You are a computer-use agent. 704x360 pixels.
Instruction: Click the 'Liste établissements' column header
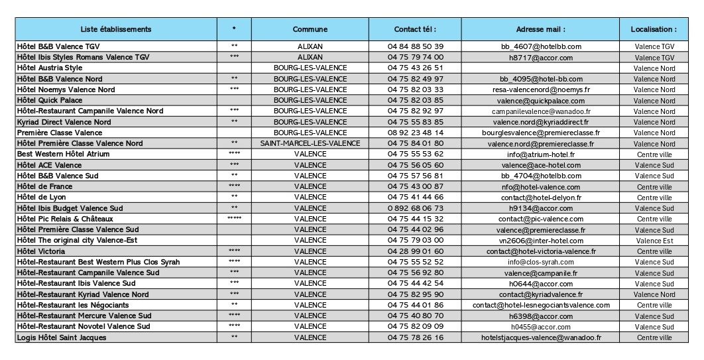(115, 29)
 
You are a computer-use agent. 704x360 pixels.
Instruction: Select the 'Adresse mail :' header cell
(540, 29)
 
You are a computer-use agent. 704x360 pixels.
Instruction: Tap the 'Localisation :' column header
(654, 29)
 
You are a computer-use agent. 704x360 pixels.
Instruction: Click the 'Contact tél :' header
(415, 29)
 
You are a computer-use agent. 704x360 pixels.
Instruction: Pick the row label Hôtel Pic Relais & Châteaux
(65, 219)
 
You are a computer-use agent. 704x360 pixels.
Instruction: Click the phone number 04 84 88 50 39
(415, 46)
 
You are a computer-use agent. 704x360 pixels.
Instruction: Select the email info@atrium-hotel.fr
(540, 154)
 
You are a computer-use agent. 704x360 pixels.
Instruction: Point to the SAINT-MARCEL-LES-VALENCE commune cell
(310, 143)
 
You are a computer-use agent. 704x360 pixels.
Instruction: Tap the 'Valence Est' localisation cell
(654, 241)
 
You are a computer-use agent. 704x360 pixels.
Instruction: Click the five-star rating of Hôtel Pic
(234, 219)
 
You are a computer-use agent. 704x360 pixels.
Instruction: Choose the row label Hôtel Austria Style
(50, 68)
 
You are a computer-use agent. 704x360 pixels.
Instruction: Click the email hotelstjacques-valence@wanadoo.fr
(540, 337)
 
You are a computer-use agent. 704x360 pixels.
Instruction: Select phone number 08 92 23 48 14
(415, 133)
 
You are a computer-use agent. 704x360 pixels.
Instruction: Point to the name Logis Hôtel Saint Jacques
(61, 337)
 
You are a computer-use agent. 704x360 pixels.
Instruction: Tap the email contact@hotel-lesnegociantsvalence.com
(540, 305)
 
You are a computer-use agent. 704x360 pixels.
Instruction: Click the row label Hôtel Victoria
(42, 251)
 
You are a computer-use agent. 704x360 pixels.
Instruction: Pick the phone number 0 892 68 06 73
(415, 208)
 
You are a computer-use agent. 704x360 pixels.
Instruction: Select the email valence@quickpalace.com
(540, 101)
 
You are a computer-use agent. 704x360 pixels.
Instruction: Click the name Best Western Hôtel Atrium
(63, 154)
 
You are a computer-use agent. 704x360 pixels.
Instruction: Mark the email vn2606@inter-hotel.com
(540, 241)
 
